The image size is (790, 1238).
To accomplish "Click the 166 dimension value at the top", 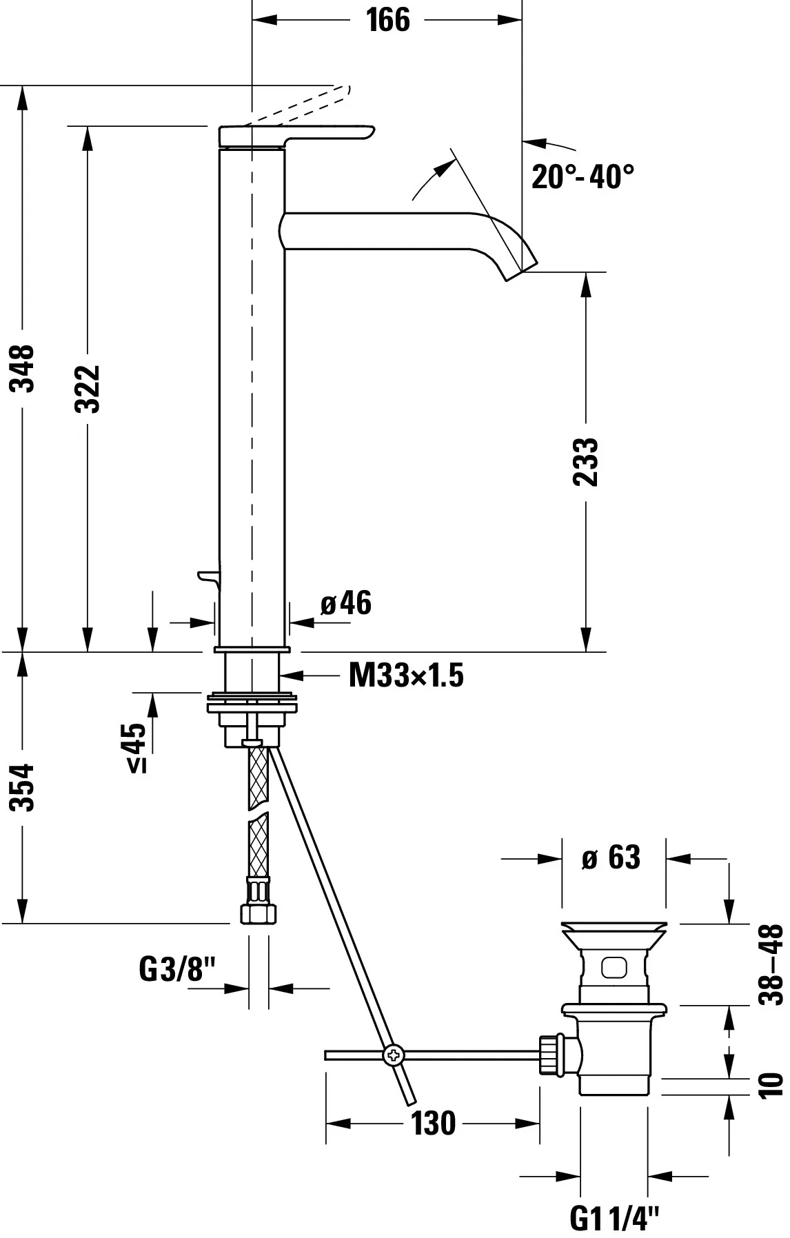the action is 388,20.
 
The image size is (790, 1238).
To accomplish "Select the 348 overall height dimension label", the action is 25,368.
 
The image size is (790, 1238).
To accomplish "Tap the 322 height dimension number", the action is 88,389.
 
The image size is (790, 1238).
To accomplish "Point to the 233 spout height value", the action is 586,462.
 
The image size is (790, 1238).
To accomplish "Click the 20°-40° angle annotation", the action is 583,177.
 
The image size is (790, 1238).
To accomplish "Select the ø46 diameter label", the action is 346,603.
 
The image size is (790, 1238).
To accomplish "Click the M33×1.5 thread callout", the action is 406,675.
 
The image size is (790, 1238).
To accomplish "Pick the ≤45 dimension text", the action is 135,747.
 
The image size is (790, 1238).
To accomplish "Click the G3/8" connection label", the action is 178,970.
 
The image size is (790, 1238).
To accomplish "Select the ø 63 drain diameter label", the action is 611,858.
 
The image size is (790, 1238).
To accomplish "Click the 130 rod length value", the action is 434,1124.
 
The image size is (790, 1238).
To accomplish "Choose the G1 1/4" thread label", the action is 615,1219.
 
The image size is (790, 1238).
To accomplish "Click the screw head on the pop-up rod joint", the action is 394,1055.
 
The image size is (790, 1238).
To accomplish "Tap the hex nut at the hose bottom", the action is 259,914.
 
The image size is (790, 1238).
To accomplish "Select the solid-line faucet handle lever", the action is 296,136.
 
